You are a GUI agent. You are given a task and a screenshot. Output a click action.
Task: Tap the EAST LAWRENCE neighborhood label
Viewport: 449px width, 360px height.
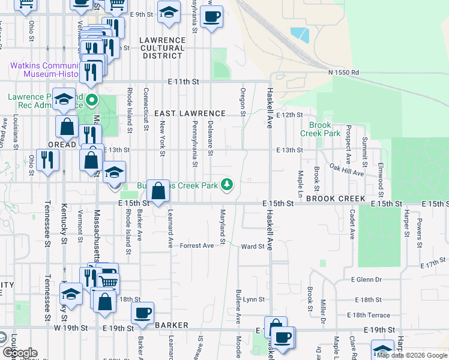[190, 113]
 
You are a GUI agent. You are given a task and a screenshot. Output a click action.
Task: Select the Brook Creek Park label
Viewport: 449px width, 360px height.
[316, 130]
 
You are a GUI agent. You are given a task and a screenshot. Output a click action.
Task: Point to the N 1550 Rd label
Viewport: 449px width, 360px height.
[343, 73]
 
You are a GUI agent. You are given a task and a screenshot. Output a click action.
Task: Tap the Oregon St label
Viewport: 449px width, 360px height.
[243, 101]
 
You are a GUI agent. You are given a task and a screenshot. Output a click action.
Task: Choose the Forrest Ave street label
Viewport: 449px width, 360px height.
[197, 246]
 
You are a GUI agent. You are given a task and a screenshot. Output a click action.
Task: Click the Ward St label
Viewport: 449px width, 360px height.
[253, 247]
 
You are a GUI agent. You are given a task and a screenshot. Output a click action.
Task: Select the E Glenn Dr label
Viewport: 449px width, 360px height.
[366, 280]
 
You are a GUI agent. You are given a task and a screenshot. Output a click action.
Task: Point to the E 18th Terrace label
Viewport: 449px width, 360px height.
[368, 315]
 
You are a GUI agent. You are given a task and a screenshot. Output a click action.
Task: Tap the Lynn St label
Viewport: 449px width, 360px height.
[253, 299]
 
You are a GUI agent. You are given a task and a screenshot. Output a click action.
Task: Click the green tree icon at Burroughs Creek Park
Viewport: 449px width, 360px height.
[227, 184]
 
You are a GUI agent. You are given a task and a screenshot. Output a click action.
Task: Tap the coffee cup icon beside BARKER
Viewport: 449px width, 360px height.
[143, 313]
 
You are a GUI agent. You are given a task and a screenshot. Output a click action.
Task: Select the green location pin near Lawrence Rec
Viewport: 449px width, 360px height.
[92, 100]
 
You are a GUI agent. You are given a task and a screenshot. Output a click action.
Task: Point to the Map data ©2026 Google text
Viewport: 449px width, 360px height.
[412, 355]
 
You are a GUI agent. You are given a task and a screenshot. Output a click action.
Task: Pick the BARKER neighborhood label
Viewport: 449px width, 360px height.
[172, 325]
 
